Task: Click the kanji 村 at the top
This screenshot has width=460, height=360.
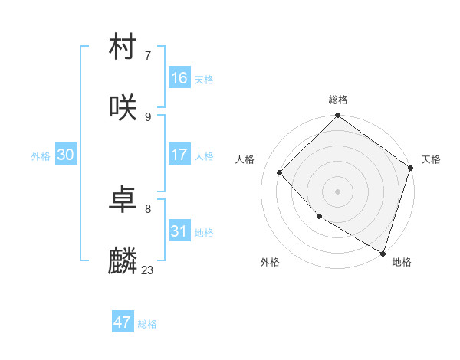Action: click(123, 47)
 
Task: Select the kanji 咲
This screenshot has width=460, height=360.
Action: click(123, 107)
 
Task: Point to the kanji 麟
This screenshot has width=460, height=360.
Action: click(123, 260)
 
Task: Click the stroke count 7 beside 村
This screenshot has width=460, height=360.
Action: click(147, 55)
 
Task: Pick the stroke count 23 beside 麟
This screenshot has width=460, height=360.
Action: click(147, 270)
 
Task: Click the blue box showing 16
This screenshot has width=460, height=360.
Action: click(179, 78)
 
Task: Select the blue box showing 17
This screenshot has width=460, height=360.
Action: click(179, 155)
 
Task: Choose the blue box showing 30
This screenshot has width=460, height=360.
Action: click(65, 155)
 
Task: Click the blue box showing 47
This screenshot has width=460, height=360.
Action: click(123, 322)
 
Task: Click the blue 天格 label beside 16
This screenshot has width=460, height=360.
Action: click(204, 80)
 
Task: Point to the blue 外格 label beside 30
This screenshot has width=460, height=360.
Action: click(41, 156)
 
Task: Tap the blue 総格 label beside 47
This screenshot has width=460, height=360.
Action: click(147, 324)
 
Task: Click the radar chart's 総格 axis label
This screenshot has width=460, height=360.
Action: click(338, 100)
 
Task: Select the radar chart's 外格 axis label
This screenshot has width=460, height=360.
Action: click(270, 262)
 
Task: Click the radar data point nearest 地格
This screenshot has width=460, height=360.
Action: click(383, 252)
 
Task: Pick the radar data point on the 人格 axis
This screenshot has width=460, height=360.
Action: click(280, 173)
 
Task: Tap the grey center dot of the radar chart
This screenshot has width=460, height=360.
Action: click(337, 191)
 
